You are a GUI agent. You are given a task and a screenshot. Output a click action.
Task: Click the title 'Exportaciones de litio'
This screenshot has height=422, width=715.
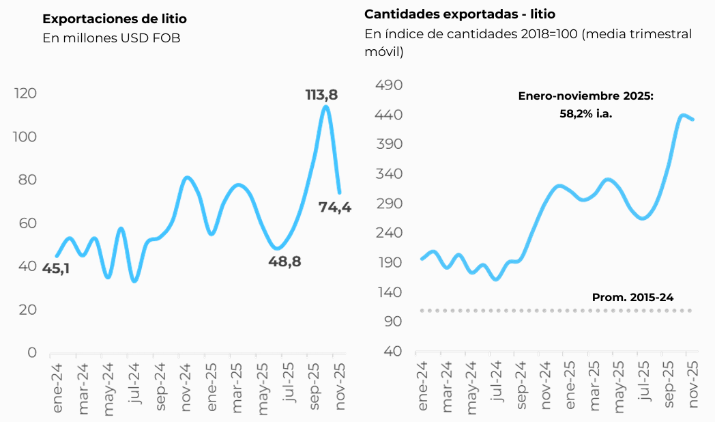click(114, 18)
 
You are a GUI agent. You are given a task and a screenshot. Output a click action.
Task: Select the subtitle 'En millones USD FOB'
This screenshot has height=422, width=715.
click(111, 38)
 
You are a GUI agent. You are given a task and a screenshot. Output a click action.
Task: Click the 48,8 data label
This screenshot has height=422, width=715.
click(285, 261)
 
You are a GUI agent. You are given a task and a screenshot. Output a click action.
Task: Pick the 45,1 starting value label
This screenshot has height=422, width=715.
click(56, 268)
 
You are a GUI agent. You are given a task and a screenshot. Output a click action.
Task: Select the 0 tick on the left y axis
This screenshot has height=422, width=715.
click(31, 352)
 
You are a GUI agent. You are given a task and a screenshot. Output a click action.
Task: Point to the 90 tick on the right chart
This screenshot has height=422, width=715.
click(394, 322)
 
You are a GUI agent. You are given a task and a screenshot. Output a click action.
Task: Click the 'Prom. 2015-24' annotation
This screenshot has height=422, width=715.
click(632, 297)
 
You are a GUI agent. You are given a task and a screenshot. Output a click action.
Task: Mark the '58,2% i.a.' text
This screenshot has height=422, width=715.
click(586, 114)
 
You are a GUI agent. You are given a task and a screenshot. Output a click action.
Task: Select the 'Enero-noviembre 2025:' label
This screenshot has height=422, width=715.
click(585, 97)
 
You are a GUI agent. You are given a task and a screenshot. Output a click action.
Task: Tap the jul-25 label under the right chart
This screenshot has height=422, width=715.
click(642, 386)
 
